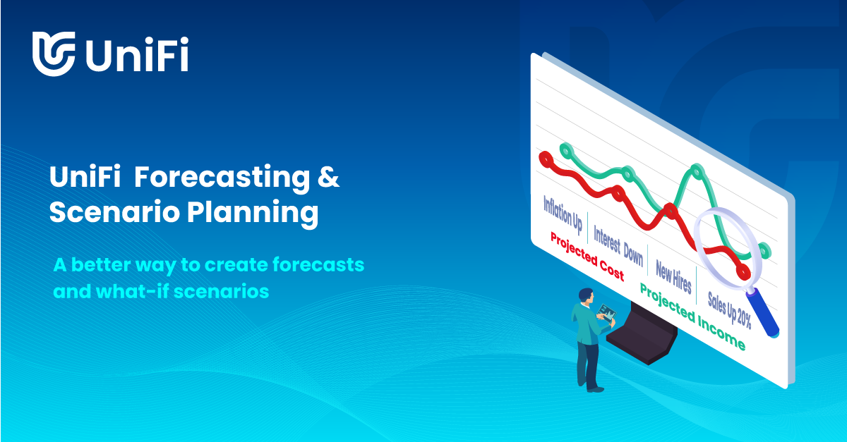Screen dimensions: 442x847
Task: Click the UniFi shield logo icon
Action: pyautogui.click(x=53, y=53)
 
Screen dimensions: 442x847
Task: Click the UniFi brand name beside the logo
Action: pyautogui.click(x=137, y=54)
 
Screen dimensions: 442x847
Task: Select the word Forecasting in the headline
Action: pyautogui.click(x=221, y=178)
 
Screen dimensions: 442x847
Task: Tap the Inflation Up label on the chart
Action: pyautogui.click(x=563, y=214)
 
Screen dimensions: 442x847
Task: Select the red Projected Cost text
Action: pyautogui.click(x=587, y=256)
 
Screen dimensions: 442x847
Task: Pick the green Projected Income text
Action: pyautogui.click(x=692, y=317)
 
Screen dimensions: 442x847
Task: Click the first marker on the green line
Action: pyautogui.click(x=565, y=149)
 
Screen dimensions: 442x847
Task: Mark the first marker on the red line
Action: pyautogui.click(x=544, y=159)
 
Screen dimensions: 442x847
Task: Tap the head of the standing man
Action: pyautogui.click(x=584, y=295)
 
